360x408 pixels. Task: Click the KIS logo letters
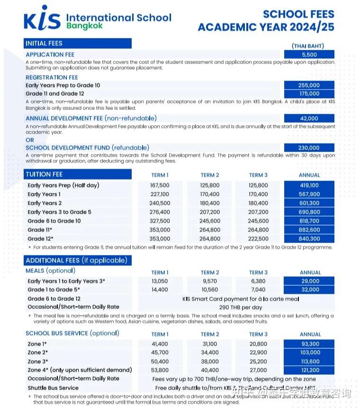tap(42, 19)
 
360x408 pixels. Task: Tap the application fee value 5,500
tap(309, 54)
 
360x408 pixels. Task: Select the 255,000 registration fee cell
tap(309, 85)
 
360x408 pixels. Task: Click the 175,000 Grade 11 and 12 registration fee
tap(309, 94)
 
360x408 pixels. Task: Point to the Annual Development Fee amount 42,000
tap(309, 118)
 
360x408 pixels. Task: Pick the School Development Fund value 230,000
tap(309, 148)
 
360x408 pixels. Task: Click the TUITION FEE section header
tap(45, 174)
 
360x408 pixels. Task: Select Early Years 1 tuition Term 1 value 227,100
tap(160, 194)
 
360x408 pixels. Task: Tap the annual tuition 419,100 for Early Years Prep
tap(309, 185)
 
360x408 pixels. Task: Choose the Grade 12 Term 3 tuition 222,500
tap(258, 239)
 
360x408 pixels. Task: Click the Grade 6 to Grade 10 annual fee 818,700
tap(309, 221)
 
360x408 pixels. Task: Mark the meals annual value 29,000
tap(310, 281)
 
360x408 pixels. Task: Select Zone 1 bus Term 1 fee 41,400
tap(160, 344)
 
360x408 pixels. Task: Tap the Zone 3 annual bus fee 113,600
tap(310, 362)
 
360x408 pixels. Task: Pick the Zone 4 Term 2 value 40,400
tap(210, 370)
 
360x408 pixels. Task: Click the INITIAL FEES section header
tap(44, 44)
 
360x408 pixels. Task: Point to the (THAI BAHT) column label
tap(308, 46)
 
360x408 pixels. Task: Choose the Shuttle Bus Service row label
tap(53, 388)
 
